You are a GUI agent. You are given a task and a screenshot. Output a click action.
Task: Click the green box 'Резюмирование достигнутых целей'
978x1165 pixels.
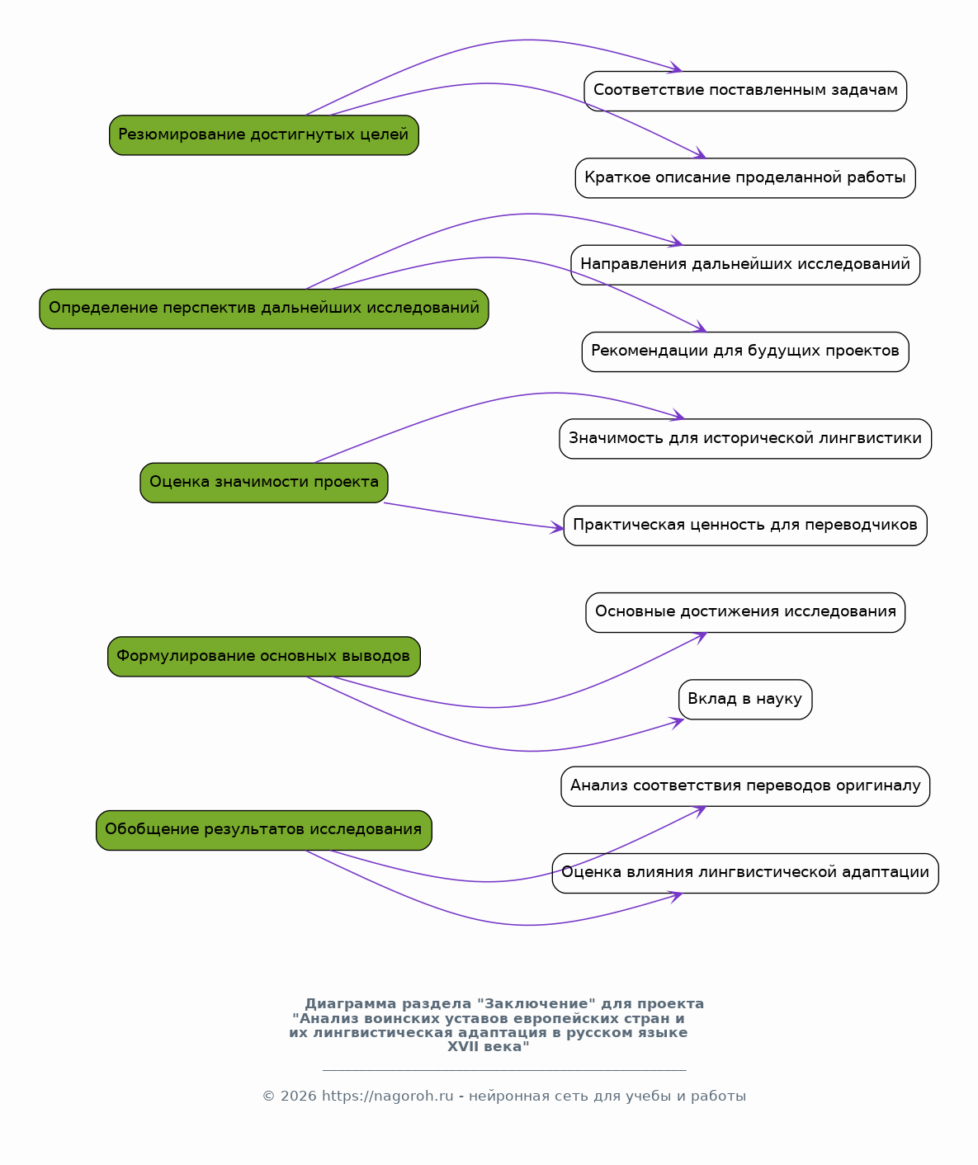pos(264,135)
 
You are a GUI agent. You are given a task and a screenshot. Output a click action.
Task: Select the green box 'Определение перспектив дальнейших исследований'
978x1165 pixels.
pos(264,309)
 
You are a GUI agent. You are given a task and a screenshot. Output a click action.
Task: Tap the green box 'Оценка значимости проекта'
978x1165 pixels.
pos(264,483)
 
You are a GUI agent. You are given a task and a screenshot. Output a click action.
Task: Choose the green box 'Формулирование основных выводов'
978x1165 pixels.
pos(264,657)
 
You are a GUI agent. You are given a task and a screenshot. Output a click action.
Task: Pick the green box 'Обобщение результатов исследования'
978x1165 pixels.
pos(264,830)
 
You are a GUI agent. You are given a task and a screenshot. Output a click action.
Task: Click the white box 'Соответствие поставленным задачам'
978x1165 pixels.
pos(745,91)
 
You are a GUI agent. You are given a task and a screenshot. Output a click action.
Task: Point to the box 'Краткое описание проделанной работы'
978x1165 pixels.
pos(745,178)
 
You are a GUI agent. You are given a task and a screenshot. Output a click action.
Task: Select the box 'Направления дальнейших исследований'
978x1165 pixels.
pos(745,265)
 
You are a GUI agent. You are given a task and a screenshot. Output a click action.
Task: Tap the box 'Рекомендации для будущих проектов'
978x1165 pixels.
pos(745,352)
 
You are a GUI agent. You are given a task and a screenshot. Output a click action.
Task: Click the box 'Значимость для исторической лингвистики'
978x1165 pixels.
pos(745,439)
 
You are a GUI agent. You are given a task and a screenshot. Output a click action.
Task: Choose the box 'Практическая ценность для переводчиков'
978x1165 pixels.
pos(745,526)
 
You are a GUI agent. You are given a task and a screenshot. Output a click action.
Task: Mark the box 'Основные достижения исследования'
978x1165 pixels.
pos(745,613)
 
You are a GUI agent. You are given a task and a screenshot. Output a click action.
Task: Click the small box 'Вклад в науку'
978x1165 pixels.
pos(745,700)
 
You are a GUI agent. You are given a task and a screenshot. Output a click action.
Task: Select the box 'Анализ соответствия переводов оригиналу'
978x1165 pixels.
pos(745,787)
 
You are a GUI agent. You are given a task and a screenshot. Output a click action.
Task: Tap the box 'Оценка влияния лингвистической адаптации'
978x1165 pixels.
pos(745,873)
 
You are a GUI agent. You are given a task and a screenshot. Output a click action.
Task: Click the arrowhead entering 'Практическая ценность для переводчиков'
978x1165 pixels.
pos(557,527)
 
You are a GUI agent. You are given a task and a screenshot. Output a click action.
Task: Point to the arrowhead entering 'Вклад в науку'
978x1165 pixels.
pos(678,723)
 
